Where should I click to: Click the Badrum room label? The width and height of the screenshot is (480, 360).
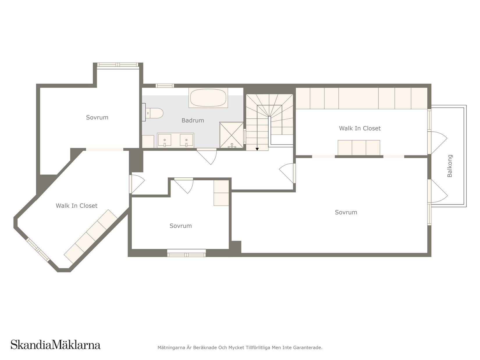tap(193, 120)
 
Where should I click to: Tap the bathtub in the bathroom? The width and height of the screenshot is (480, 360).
tap(208, 98)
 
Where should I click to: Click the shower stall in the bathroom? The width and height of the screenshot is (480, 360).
tap(231, 135)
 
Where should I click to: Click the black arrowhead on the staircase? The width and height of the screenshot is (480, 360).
tap(257, 149)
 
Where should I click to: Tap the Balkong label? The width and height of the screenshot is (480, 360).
tap(450, 166)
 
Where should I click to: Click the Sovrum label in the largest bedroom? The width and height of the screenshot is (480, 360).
tap(346, 212)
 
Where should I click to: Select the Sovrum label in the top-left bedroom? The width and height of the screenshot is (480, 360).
tap(97, 117)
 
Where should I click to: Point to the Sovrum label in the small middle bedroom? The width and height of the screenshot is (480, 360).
tap(181, 226)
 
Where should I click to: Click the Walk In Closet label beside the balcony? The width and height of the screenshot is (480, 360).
tap(360, 128)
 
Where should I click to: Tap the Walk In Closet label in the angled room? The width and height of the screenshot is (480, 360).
tap(77, 206)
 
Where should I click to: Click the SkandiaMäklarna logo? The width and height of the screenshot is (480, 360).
tap(56, 345)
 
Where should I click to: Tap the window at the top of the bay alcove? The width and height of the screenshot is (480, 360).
tap(118, 65)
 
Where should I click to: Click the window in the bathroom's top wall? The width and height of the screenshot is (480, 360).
tap(165, 85)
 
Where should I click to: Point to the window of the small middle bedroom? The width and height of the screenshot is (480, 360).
tap(186, 255)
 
